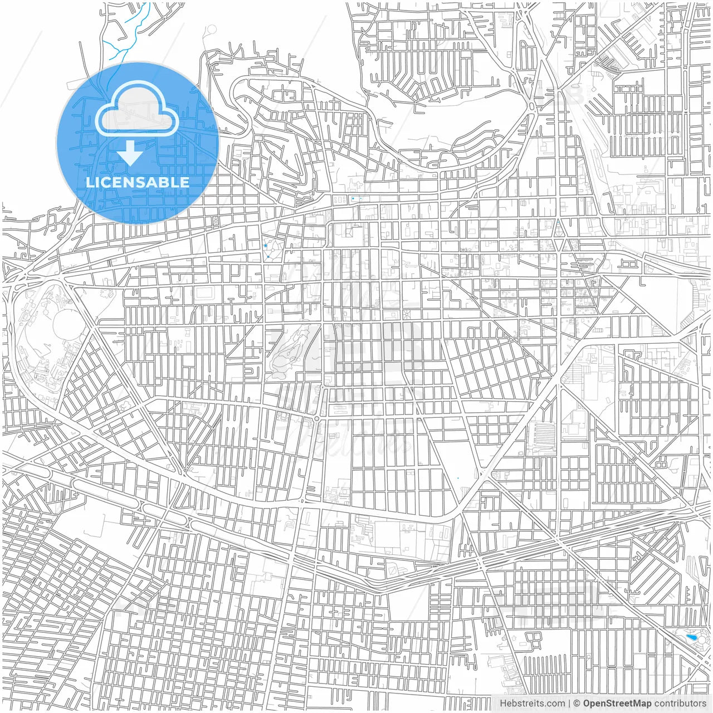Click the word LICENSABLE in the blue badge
(x=137, y=182)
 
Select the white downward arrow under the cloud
(x=131, y=154)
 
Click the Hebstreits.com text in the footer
(x=531, y=703)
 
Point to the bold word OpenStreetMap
(x=617, y=703)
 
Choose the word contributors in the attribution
(x=680, y=703)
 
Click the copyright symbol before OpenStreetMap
(x=577, y=703)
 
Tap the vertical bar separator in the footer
(x=569, y=703)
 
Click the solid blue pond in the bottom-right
(x=692, y=637)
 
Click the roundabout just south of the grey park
(x=316, y=418)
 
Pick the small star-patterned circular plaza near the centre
(x=406, y=315)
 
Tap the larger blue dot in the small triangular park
(x=265, y=245)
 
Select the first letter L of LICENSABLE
(x=89, y=182)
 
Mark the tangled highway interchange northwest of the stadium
(x=22, y=273)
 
